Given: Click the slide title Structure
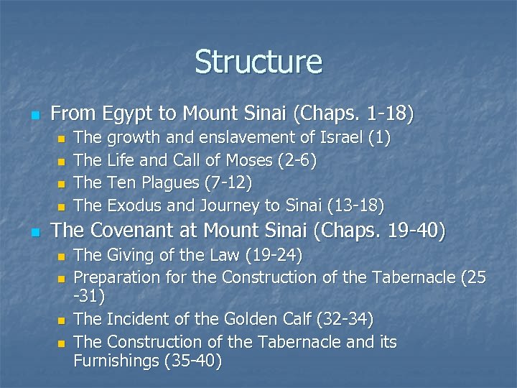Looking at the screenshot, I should click(x=258, y=62).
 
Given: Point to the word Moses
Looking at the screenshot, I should click(x=228, y=160).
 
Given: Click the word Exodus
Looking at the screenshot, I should click(x=135, y=206).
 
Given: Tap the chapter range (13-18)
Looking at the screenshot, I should click(x=355, y=206).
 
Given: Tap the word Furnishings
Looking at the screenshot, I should click(x=116, y=359).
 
